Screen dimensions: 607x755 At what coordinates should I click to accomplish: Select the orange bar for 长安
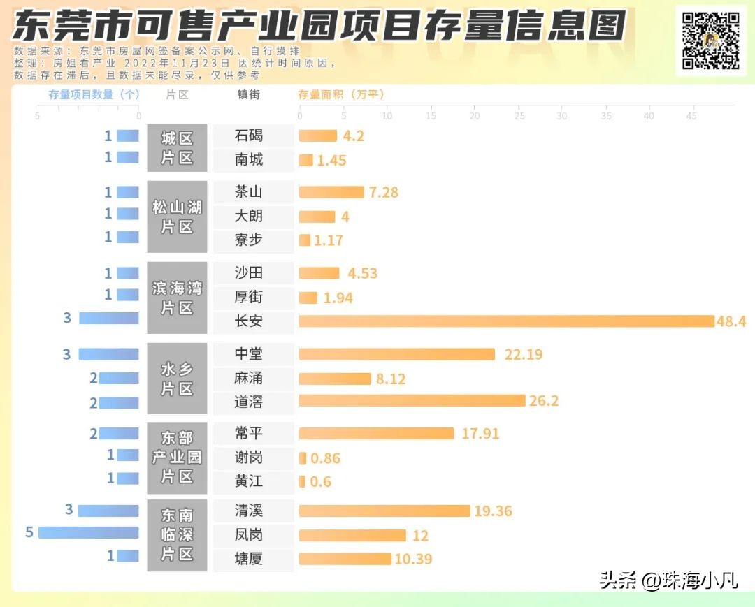pos(507,321)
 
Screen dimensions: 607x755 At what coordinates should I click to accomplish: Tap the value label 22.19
pos(523,355)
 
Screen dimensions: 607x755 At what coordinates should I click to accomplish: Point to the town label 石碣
pos(249,136)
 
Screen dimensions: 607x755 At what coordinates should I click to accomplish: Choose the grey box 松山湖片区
pos(177,217)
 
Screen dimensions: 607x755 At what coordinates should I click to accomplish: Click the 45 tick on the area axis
pos(691,116)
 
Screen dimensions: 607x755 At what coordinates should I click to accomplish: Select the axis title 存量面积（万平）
pos(341,94)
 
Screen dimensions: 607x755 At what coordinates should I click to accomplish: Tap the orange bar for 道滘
pos(412,401)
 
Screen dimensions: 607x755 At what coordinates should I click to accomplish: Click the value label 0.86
pos(325,459)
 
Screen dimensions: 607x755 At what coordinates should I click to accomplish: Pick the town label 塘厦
pos(249,559)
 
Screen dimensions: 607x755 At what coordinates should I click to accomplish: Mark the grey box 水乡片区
pos(177,379)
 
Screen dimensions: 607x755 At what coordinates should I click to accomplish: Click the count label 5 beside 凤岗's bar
pos(29,533)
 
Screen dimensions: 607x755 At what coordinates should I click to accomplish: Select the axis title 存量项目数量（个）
pos(94,94)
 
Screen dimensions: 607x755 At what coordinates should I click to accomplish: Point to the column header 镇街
pos(249,94)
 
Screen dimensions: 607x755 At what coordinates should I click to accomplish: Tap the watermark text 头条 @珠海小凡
pos(668,580)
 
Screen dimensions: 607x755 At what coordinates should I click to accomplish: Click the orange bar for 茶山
pos(331,192)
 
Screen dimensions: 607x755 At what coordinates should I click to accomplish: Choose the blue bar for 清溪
pos(108,511)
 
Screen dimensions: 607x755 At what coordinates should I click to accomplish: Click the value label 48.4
pos(731,321)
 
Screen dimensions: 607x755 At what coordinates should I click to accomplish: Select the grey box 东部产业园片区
pos(177,458)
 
